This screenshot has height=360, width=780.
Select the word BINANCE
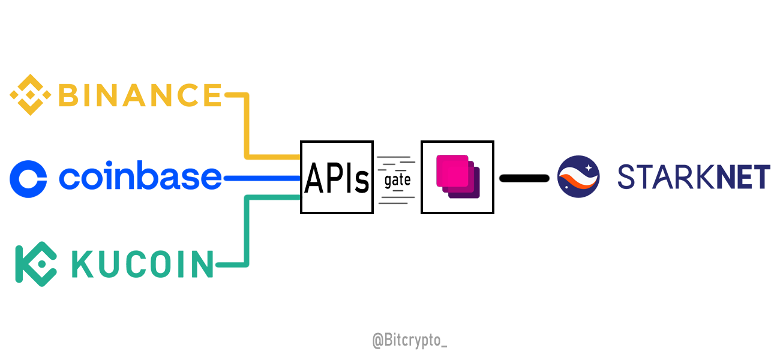coord(140,95)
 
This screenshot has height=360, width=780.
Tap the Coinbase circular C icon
coord(28,179)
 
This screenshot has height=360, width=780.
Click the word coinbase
coord(140,178)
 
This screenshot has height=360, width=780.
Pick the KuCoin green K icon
coord(35,264)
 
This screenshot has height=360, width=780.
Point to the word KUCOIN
coord(143,265)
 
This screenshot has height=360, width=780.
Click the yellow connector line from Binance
coord(247,126)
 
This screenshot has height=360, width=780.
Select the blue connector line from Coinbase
coord(261,178)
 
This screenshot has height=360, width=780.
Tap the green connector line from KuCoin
coord(247,231)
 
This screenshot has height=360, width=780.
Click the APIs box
coord(337,178)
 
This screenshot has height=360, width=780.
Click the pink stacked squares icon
coord(457,176)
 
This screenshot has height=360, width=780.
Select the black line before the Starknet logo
coord(524,178)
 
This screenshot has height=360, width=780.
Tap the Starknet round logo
coord(578,177)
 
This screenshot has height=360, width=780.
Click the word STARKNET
coord(694,178)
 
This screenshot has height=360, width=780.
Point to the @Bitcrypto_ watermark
coord(410,341)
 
